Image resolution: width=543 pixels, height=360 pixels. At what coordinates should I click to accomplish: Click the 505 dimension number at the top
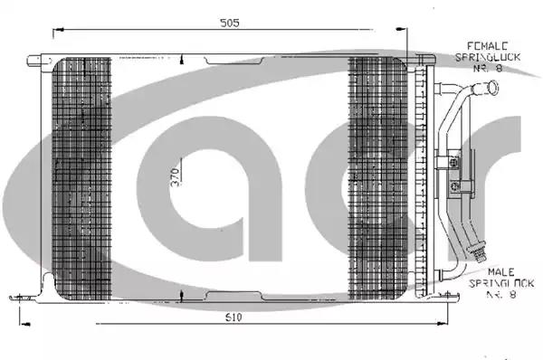click(230, 23)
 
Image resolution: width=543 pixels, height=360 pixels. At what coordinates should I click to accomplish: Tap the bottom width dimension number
click(233, 317)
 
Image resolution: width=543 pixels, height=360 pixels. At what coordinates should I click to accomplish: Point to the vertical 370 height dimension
click(176, 177)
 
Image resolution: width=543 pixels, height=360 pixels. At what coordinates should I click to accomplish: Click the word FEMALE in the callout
click(488, 46)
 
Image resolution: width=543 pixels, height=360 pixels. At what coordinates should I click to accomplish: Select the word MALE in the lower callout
click(500, 272)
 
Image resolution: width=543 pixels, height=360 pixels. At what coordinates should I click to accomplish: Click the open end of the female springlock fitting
click(493, 87)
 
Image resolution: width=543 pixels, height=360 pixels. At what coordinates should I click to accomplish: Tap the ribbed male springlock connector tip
click(477, 252)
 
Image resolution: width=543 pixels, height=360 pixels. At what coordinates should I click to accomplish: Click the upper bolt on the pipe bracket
click(453, 162)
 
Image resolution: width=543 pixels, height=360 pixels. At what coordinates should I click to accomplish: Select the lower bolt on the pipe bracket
click(455, 186)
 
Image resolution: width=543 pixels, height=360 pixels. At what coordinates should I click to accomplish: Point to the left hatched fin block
click(81, 178)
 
